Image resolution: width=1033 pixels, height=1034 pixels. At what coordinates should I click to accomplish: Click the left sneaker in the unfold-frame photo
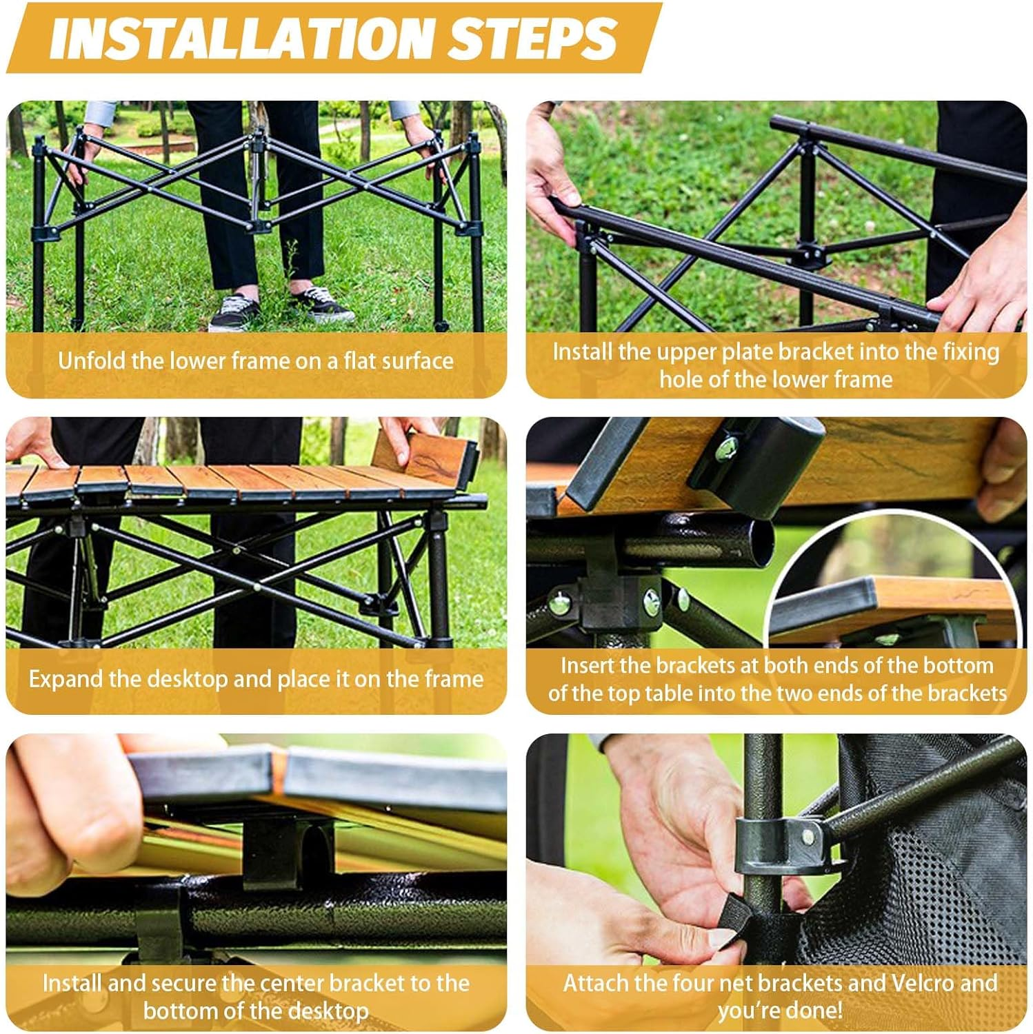tap(234, 312)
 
